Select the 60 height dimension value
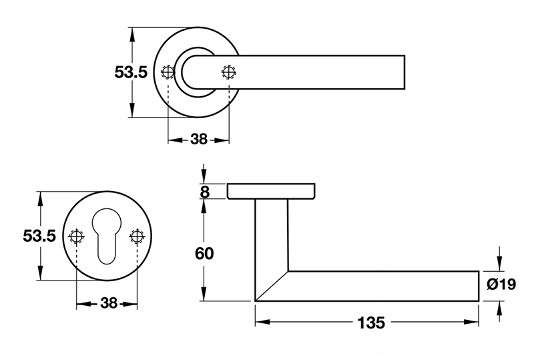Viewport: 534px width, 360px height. pyautogui.click(x=204, y=254)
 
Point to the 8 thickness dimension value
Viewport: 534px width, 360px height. pyautogui.click(x=204, y=192)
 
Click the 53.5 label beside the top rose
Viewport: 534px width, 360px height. pyautogui.click(x=130, y=73)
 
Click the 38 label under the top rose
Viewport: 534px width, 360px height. pyautogui.click(x=199, y=140)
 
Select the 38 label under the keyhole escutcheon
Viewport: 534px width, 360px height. pyautogui.click(x=108, y=303)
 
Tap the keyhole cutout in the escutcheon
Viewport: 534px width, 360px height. pyautogui.click(x=107, y=234)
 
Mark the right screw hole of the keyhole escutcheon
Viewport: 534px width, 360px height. pyautogui.click(x=138, y=236)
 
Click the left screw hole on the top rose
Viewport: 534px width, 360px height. pyautogui.click(x=168, y=72)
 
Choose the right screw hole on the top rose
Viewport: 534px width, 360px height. pyautogui.click(x=228, y=72)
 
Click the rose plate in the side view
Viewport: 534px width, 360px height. pyautogui.click(x=270, y=191)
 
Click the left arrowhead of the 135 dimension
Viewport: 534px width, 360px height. pyautogui.click(x=260, y=323)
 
